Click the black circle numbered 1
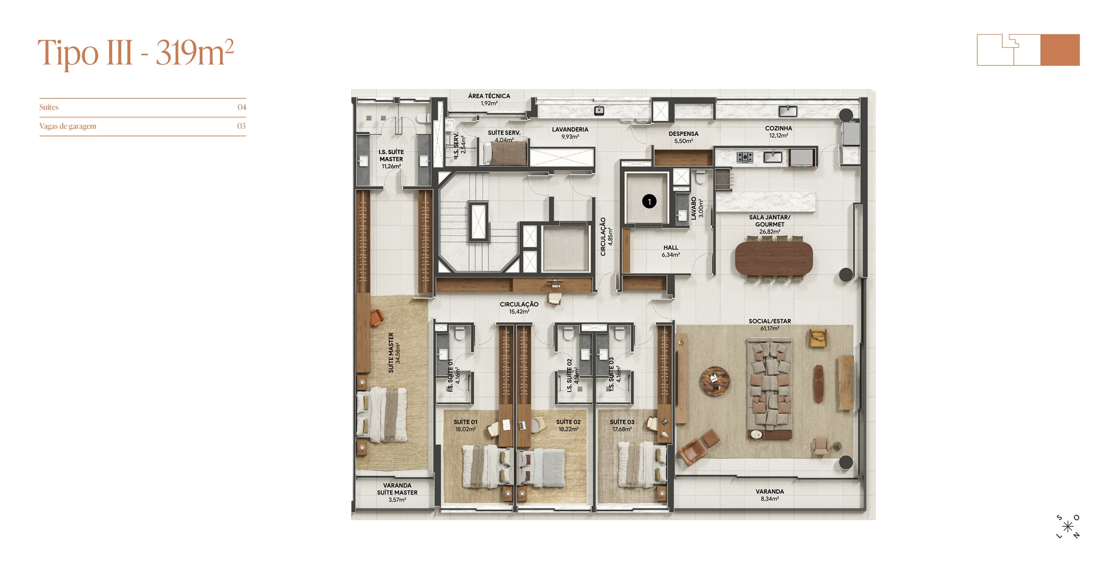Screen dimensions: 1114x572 (x=649, y=202)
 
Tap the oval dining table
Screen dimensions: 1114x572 (x=773, y=259)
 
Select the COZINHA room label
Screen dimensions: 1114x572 (x=778, y=128)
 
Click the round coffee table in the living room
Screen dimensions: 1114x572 (x=714, y=381)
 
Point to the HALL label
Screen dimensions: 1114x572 (x=671, y=248)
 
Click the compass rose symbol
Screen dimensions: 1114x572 (x=1067, y=527)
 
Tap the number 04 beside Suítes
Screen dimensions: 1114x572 (x=242, y=107)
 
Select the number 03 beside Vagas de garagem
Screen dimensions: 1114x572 (x=242, y=126)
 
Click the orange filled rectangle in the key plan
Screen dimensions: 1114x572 (x=1060, y=50)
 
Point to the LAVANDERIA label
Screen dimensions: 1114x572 (x=570, y=130)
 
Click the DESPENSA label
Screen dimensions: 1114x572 (x=683, y=134)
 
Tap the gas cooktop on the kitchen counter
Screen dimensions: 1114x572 (x=745, y=157)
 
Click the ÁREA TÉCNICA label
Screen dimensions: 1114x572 (x=489, y=96)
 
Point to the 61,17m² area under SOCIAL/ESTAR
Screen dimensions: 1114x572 (x=769, y=329)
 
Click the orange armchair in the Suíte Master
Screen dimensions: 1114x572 (x=376, y=317)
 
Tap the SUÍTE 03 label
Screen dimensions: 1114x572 (x=622, y=422)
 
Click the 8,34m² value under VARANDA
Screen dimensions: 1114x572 (x=769, y=499)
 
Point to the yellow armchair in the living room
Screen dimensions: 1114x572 (x=818, y=338)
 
